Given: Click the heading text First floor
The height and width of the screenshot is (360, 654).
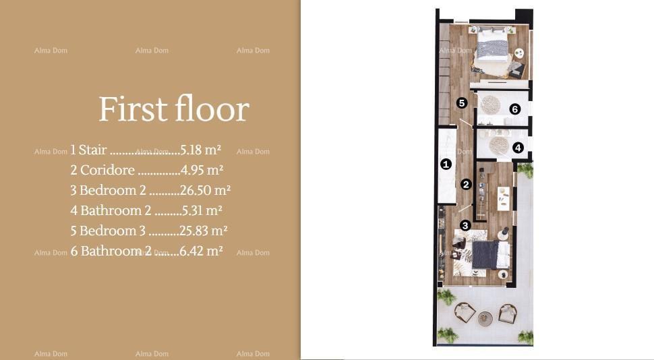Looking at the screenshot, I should click(174, 109).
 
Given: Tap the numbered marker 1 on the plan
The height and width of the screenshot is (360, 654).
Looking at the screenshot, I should click(446, 164).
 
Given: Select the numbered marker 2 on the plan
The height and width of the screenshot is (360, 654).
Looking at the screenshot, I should click(466, 184).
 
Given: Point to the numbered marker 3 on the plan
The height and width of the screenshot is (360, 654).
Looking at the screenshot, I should click(465, 225).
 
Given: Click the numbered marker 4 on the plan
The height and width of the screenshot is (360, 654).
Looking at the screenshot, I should click(518, 148).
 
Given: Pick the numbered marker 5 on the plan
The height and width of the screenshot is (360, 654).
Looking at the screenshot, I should click(462, 103).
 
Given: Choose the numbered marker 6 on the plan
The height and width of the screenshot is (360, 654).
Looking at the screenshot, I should click(515, 109).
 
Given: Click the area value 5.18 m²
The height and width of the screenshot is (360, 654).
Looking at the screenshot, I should click(201, 150).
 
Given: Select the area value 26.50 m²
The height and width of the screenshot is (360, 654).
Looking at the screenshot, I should click(205, 190).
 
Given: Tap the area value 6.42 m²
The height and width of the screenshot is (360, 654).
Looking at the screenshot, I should click(201, 251).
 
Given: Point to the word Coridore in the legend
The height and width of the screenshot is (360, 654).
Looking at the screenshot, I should click(107, 170).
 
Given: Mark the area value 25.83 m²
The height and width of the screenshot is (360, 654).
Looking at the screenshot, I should click(203, 231).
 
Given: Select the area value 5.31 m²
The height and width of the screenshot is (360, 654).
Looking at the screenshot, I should click(201, 210).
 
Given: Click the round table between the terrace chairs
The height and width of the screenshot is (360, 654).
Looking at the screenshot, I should click(485, 318).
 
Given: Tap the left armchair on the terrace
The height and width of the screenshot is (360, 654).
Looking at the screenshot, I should click(464, 312).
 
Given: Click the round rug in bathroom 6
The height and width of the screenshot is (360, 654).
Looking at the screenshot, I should click(490, 104).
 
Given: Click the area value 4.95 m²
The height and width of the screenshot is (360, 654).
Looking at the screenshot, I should click(202, 170).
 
